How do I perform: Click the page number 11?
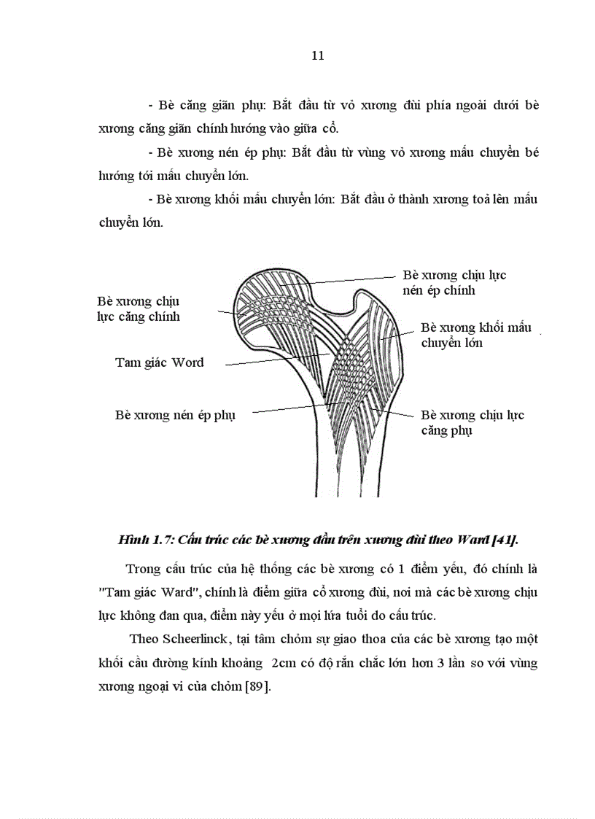tap(317, 55)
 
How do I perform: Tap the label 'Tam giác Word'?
tap(159, 362)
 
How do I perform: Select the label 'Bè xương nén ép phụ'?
tap(175, 414)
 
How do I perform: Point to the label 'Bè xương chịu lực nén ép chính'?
tap(454, 283)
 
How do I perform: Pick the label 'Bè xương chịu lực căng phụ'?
tap(472, 422)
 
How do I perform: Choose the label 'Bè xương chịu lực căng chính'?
tap(138, 308)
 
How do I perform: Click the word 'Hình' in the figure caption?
tap(133, 540)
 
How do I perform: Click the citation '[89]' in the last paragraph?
tap(257, 687)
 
